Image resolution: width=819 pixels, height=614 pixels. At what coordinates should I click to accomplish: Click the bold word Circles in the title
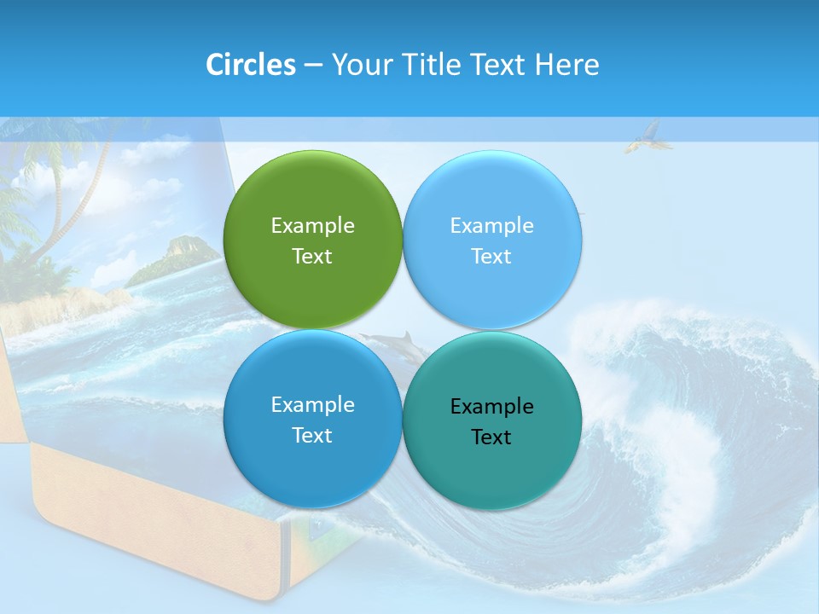(250, 65)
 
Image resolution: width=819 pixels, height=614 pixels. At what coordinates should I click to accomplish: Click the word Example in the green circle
(312, 226)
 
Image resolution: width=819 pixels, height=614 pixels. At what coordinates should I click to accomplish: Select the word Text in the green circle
(312, 257)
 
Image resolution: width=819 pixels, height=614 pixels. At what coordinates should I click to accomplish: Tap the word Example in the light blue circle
(491, 226)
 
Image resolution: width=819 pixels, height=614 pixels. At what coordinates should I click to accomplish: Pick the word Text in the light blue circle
(491, 257)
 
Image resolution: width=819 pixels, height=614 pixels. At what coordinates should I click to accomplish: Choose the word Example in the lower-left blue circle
(312, 405)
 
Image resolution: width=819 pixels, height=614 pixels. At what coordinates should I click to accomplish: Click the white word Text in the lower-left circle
(312, 436)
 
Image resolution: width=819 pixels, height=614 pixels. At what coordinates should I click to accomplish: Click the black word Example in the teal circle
(491, 407)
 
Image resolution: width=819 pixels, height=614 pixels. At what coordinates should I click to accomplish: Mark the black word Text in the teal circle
(491, 437)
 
